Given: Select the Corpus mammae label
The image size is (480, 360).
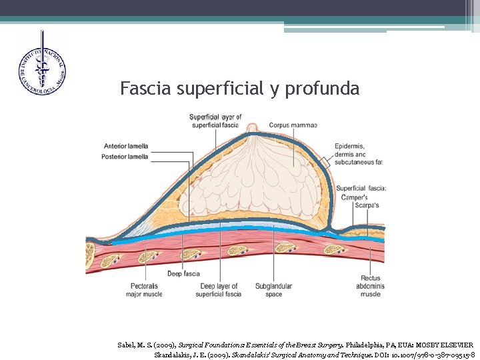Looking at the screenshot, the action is [x=293, y=125].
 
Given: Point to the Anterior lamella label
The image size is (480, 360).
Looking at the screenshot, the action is [x=126, y=147].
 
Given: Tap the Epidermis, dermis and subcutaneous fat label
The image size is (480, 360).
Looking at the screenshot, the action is [x=359, y=154].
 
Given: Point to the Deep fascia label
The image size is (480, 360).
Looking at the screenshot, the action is [x=183, y=273].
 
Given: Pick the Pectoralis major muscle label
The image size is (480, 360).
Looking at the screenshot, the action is [x=144, y=290].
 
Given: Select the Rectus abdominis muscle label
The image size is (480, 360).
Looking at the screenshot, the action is [x=371, y=286].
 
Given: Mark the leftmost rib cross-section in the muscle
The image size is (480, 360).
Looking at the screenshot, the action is [x=90, y=252].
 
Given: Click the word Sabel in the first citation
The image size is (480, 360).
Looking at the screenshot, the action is [x=126, y=345].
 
